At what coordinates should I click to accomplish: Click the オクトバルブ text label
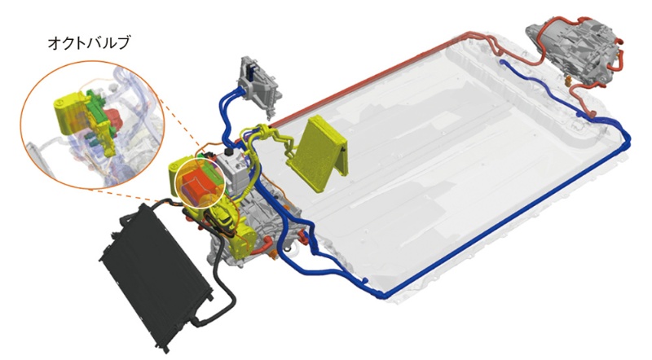89,42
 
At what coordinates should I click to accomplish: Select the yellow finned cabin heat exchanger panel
318,153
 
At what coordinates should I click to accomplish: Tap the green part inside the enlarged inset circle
97,105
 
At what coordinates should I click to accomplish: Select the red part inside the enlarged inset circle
112,116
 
